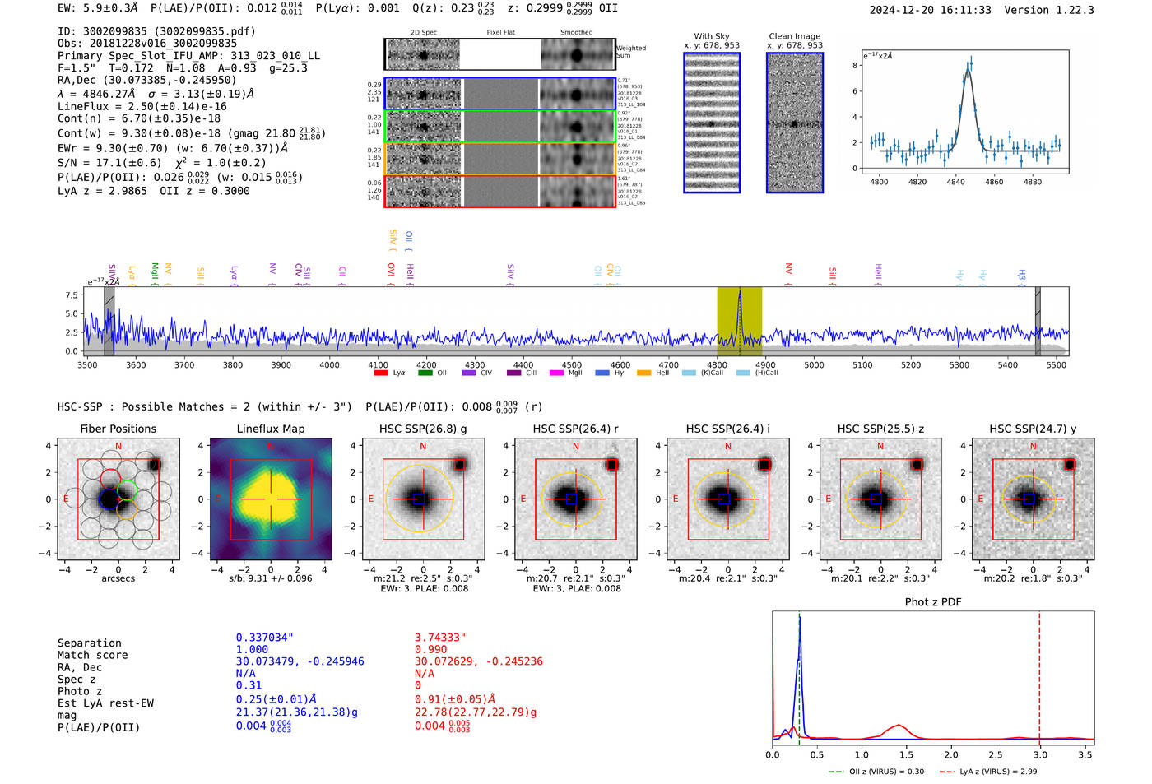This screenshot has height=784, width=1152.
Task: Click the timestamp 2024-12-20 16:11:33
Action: [x=930, y=11]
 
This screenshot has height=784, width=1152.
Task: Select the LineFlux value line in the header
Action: [x=142, y=106]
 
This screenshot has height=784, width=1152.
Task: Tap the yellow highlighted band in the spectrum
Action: [x=739, y=321]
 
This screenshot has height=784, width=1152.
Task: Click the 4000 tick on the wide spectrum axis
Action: [x=329, y=365]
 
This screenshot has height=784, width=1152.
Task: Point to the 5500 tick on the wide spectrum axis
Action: [x=1056, y=365]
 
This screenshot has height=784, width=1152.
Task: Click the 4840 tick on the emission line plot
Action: [x=955, y=182]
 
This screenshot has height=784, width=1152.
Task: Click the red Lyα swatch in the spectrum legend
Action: [x=381, y=373]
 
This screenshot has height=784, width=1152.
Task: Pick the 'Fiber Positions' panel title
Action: [x=118, y=429]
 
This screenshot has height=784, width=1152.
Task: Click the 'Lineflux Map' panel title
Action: [x=271, y=429]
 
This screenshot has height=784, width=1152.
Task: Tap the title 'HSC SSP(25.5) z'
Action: [x=880, y=429]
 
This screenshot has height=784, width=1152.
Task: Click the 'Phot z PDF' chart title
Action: [x=933, y=602]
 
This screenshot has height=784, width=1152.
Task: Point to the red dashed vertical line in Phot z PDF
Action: [x=1039, y=675]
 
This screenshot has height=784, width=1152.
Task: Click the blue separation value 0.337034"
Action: [x=264, y=638]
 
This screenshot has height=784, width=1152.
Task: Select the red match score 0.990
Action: [x=431, y=650]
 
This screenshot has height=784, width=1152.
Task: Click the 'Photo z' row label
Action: [x=80, y=691]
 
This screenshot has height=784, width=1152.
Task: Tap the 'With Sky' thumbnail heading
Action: [x=712, y=36]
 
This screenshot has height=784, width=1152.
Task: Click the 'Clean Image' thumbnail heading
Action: [x=794, y=36]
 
